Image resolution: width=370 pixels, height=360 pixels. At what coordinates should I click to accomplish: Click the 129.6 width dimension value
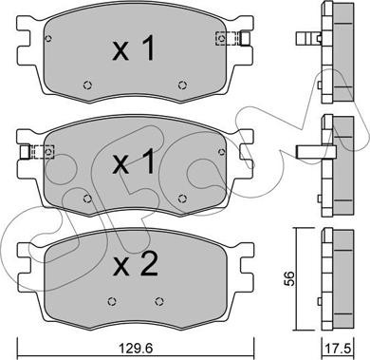pos(136,349)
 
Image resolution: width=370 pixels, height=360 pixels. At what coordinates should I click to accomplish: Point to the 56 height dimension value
pos(288,278)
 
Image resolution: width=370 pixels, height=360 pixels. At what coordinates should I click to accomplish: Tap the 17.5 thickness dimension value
pos(338,349)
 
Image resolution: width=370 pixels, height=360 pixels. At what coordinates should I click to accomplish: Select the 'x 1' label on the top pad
pos(134,48)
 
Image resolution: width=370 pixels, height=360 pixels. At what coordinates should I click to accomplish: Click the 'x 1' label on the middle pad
pos(134,161)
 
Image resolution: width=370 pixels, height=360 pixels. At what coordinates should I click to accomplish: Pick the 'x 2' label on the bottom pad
pos(136,265)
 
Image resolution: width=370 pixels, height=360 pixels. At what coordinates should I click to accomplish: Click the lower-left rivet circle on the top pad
pos(87,85)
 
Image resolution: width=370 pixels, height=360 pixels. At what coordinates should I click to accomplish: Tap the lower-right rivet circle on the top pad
pos(182,85)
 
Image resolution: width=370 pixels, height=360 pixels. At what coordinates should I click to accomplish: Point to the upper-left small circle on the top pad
pos(48,39)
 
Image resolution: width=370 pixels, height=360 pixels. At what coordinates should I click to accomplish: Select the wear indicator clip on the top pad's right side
pos(232,38)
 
